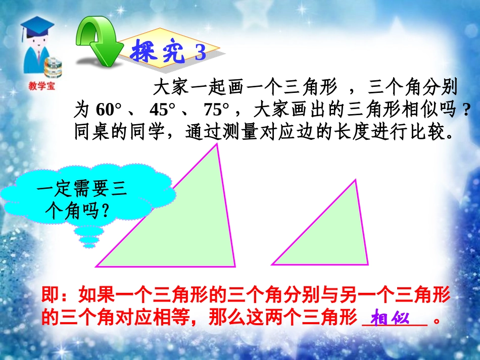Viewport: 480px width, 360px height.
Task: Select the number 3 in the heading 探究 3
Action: coord(201,53)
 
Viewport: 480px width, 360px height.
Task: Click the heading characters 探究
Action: coord(157,52)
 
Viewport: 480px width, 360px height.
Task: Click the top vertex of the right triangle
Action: coord(356,180)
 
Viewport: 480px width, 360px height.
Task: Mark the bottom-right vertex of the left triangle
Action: coord(235,266)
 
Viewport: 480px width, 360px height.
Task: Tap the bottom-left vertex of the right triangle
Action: coord(272,264)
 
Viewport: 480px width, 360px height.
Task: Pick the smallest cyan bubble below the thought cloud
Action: coord(88,246)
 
